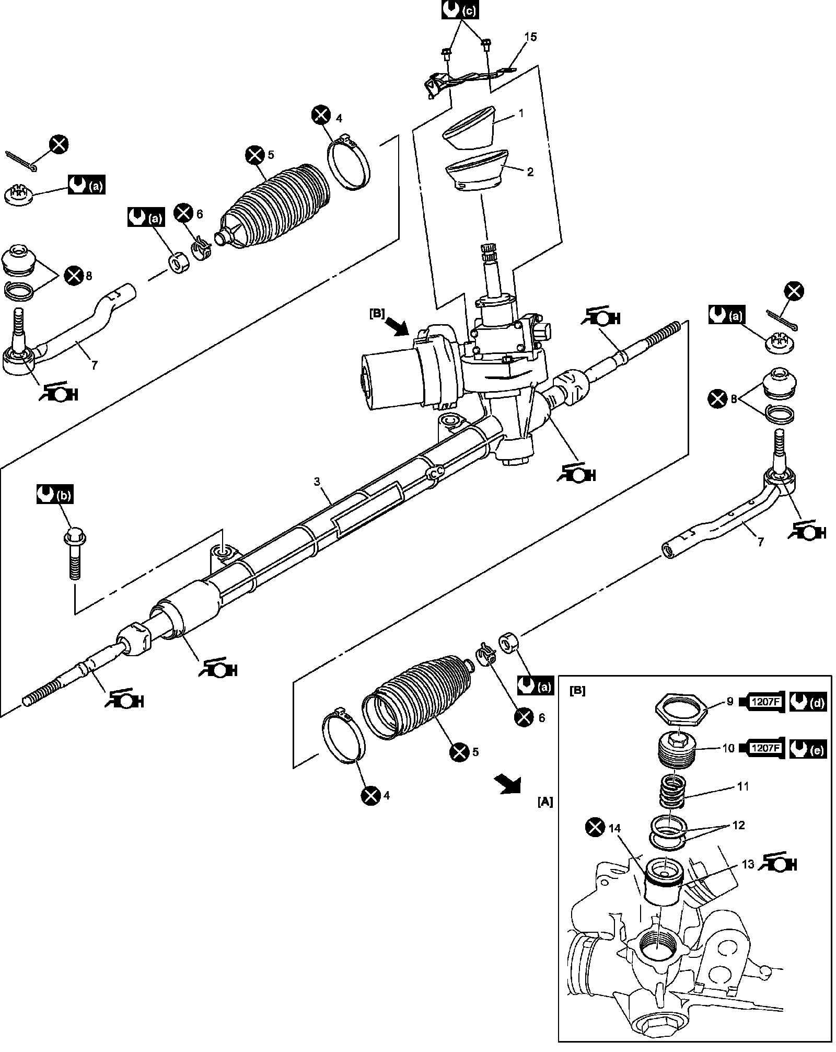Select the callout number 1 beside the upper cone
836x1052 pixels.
click(520, 113)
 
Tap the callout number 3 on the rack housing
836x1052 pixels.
click(317, 482)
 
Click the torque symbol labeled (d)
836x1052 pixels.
click(808, 703)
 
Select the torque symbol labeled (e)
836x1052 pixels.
click(808, 749)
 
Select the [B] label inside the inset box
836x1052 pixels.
click(578, 691)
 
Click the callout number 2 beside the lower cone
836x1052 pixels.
click(531, 171)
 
